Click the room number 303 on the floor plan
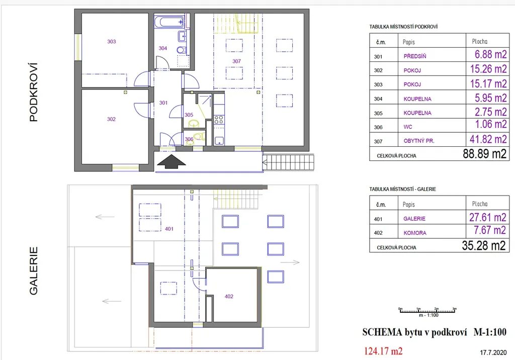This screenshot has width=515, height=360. point(111,42)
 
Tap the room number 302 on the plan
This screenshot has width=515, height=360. point(111,119)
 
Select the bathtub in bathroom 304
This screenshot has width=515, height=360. point(169,22)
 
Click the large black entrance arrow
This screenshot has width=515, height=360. point(171,162)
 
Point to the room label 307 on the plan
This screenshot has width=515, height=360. point(236,61)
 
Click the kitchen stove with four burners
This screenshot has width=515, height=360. point(219,120)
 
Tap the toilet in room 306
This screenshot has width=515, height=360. point(197,137)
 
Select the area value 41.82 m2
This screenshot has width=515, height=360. point(488,139)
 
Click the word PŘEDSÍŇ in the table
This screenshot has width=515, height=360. point(415,56)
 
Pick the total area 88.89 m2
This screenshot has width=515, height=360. point(484,154)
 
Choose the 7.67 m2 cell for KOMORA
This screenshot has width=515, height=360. point(489,230)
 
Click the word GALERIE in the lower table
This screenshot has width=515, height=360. point(414,219)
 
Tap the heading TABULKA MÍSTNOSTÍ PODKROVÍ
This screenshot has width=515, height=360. point(403,27)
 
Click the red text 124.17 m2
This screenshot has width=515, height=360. point(383,351)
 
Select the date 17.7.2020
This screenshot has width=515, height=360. point(493,353)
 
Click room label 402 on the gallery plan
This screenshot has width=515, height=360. point(229,297)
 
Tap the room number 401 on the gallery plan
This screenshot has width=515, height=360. point(169,229)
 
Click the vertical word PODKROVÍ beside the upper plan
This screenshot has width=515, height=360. point(34,93)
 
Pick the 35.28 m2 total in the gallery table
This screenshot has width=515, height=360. point(484,246)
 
